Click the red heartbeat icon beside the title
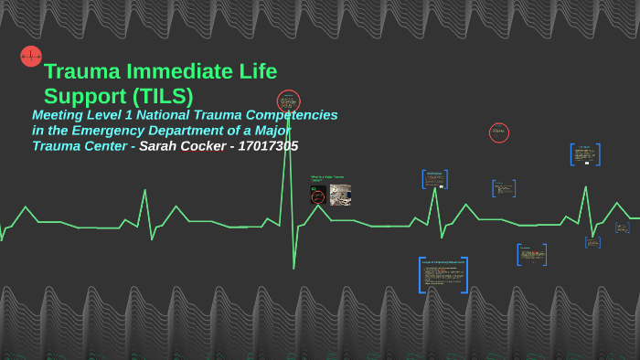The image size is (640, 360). (x=31, y=57)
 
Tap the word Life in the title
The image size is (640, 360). (x=257, y=71)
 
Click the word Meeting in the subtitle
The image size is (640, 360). (x=59, y=115)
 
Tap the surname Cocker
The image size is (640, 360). (x=204, y=146)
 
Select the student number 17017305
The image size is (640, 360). (x=268, y=146)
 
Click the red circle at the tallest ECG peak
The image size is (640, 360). (x=289, y=101)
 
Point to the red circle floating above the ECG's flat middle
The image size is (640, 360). (x=499, y=132)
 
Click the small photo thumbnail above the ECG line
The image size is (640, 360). (x=340, y=195)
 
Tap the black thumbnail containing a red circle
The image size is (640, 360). (x=318, y=195)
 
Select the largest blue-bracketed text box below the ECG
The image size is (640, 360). (x=443, y=275)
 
